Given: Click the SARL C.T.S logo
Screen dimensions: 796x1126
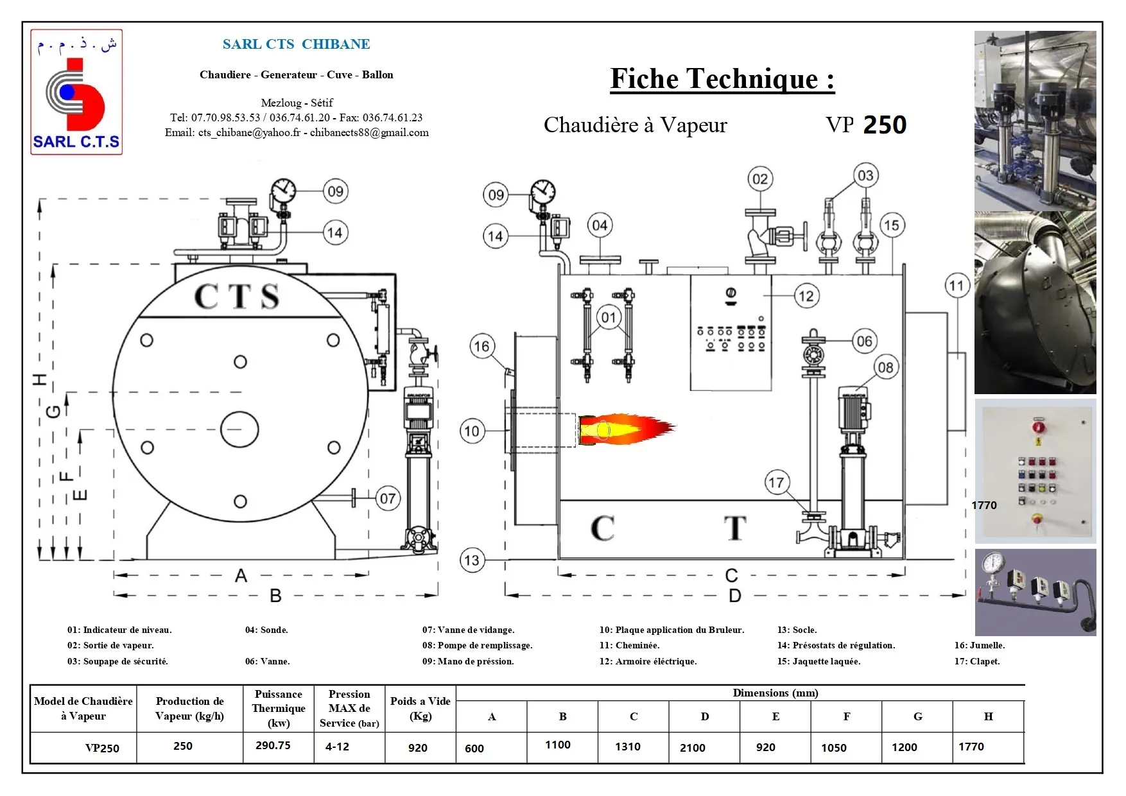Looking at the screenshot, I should pos(76,92).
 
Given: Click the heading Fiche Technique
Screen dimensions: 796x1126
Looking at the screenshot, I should pos(722,80).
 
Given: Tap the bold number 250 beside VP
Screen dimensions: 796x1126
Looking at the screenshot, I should pos(885,125).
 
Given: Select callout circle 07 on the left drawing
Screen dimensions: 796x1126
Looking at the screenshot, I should pos(388,498).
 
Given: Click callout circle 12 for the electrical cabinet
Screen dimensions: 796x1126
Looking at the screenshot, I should pos(806,296).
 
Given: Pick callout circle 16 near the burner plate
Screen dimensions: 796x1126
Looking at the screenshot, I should pos(481,347).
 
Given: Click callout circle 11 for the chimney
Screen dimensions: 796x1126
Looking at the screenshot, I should pos(957,286).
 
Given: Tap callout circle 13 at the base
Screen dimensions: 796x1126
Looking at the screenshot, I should pos(472,560).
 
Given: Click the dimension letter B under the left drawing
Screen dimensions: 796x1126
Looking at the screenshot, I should pos(275,596).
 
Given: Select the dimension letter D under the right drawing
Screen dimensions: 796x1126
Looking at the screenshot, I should pos(735,596).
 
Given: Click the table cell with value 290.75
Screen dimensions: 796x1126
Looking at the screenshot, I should pos(273,746).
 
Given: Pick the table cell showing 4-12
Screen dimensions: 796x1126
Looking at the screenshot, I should pos(337,747).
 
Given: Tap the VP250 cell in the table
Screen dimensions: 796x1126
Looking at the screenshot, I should pos(102,748).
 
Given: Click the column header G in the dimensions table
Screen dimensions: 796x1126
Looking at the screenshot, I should pos(917,716).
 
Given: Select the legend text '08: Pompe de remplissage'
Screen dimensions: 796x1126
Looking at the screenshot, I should pos(477,645).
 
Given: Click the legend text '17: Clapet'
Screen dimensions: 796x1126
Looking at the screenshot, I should pos(976,661).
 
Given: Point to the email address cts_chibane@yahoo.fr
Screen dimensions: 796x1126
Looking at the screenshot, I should pos(249,133).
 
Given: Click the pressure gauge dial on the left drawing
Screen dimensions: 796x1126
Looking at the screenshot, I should pos(283,190).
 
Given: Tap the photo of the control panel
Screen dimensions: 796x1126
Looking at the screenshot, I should pos(1035,471).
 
